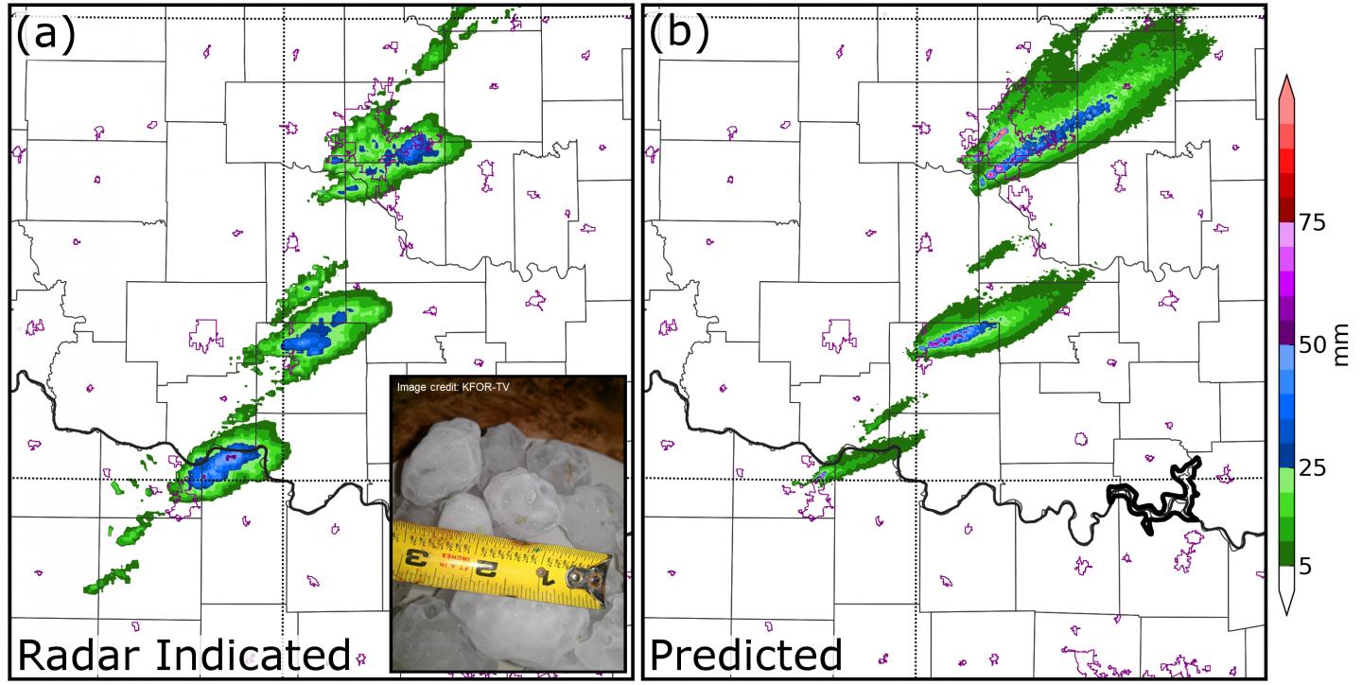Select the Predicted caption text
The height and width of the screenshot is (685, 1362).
(747, 655)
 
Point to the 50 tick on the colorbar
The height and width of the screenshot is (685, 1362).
(1312, 345)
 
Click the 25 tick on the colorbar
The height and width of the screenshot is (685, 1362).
(1312, 467)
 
